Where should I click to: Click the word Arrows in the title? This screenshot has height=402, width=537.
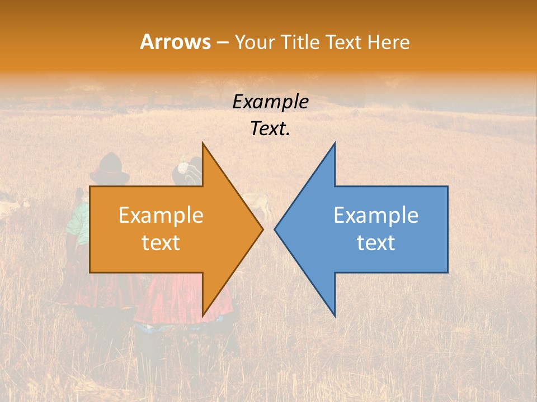175,42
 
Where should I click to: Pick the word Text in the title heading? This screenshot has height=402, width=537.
345,42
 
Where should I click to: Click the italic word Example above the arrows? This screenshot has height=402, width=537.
270,102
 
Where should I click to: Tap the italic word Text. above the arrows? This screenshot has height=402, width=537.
270,129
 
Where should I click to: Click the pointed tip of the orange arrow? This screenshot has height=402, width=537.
262,229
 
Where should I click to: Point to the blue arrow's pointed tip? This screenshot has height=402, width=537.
275,229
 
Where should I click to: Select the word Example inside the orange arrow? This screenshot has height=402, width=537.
161,216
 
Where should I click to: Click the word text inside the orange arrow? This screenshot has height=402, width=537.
161,243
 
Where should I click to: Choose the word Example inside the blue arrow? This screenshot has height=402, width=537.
376,216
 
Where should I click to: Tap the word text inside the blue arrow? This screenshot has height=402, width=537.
376,243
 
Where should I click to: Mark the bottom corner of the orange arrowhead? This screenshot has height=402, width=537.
203,315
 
